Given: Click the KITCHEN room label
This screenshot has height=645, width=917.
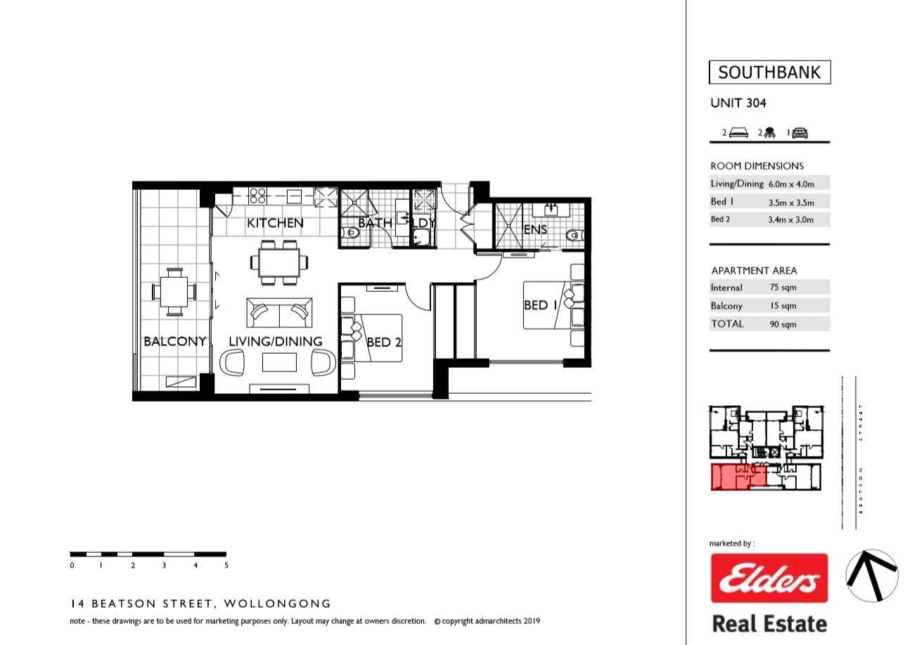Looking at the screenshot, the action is point(275,223).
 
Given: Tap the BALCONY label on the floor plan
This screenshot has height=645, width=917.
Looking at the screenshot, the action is point(175,342).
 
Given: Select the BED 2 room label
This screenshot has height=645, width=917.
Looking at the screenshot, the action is point(383,343).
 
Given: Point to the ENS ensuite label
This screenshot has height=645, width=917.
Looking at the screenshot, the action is point(535,229).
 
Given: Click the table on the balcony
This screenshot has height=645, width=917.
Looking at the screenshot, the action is point(174,292).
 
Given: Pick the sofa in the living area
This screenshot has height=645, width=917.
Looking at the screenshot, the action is point(279,312).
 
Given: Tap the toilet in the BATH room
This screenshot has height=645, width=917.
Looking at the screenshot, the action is point(351,233).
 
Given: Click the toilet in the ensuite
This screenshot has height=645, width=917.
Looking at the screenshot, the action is point(575,235).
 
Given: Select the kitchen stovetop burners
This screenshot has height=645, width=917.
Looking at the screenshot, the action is point(257,196).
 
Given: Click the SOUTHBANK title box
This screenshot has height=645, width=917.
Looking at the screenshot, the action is point(769,72).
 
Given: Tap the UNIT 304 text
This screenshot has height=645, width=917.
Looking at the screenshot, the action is point(738,103).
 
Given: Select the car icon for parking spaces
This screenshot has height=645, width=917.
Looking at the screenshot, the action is point(800,133).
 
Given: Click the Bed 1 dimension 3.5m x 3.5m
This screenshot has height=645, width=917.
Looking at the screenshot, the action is point(791,203).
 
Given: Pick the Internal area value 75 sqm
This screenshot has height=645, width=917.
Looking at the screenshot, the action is point(783,287).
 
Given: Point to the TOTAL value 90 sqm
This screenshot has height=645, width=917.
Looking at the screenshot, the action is point(783,324).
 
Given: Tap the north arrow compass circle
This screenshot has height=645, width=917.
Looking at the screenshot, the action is point(872,576).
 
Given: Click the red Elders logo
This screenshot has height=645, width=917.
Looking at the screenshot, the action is point(769,578).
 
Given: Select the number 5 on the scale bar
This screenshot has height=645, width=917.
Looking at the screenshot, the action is point(226,566).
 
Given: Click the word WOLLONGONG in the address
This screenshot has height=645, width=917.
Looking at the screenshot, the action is point(277,604).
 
